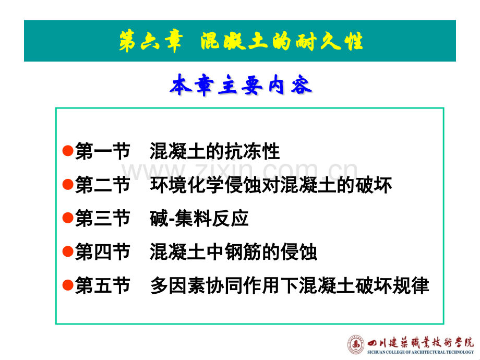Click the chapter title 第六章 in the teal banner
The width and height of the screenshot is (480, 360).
(x=151, y=41)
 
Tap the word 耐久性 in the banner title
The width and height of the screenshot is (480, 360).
(x=329, y=41)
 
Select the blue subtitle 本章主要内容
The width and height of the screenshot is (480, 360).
(x=241, y=85)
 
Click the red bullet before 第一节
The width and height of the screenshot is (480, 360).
(x=68, y=151)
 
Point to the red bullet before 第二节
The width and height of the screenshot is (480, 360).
(x=68, y=184)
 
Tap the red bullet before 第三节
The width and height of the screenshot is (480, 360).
(x=68, y=218)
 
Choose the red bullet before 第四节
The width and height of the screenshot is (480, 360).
(x=68, y=251)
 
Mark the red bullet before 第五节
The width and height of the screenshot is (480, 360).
(x=68, y=285)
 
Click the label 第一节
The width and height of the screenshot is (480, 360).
(x=103, y=151)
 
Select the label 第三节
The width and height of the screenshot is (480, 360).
(x=103, y=218)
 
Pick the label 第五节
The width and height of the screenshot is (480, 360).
(x=103, y=285)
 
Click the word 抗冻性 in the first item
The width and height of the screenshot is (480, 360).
(x=252, y=151)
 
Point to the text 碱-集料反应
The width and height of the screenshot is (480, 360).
(x=199, y=219)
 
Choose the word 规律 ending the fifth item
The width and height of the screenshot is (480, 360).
(x=411, y=285)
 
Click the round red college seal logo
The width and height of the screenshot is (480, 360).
(x=356, y=345)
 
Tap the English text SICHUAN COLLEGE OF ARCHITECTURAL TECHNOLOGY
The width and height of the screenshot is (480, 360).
(x=421, y=352)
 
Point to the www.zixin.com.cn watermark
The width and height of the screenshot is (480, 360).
(x=239, y=170)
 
